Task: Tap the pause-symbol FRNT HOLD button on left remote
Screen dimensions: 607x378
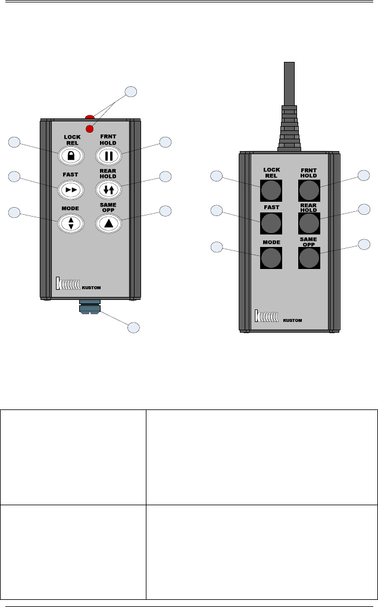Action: pyautogui.click(x=108, y=155)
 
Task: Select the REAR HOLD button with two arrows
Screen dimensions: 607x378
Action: pyautogui.click(x=108, y=189)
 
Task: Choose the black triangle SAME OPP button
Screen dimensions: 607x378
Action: pyautogui.click(x=108, y=223)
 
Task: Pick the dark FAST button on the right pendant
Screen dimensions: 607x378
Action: pyautogui.click(x=271, y=223)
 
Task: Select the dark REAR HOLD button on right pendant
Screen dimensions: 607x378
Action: pyautogui.click(x=308, y=223)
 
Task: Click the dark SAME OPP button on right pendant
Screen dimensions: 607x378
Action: pyautogui.click(x=308, y=257)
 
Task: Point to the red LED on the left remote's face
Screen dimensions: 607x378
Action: pyautogui.click(x=90, y=129)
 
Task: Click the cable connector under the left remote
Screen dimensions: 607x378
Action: pyautogui.click(x=89, y=308)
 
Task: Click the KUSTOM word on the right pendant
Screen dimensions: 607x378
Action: pyautogui.click(x=293, y=320)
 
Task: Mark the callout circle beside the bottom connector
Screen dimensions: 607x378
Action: pyautogui.click(x=134, y=327)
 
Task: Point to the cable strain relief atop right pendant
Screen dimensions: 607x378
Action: pyautogui.click(x=289, y=128)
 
